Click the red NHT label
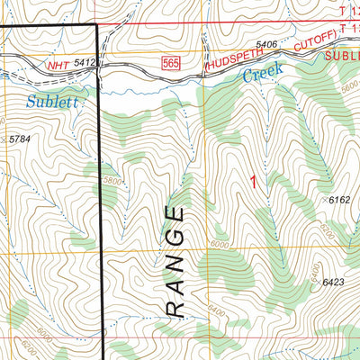click(x=58, y=64)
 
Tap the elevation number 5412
click(x=86, y=64)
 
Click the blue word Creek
click(x=264, y=73)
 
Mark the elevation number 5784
click(x=19, y=140)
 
